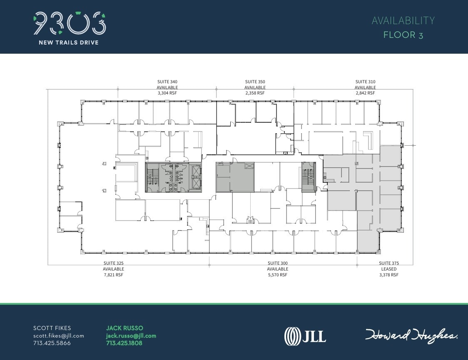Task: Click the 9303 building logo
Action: (69, 23)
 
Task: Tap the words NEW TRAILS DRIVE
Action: (69, 42)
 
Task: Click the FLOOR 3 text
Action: (403, 35)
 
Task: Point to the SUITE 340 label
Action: (167, 82)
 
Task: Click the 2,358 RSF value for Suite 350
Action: (255, 93)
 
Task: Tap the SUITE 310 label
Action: (365, 82)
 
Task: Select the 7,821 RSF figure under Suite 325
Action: (114, 275)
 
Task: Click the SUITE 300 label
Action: (278, 263)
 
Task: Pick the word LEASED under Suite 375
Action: (388, 269)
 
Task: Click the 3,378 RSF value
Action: (388, 275)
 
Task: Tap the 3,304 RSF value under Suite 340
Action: (167, 93)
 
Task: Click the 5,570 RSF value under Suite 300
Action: (278, 275)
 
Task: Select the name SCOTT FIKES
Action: (52, 328)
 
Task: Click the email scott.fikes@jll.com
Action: (59, 335)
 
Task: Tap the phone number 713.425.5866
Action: (52, 343)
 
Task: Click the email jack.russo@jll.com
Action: (131, 335)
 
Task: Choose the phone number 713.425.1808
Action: (124, 343)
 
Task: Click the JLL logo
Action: (305, 335)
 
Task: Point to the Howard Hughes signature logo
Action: (411, 335)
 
